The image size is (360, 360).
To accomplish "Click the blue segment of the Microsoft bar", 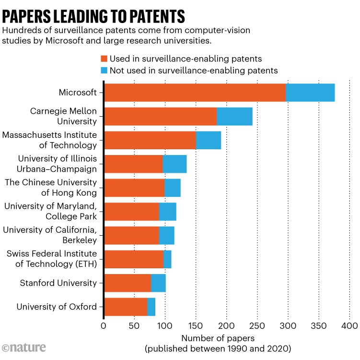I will pyautogui.click(x=310, y=92).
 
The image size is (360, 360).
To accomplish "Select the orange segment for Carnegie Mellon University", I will pyautogui.click(x=161, y=116).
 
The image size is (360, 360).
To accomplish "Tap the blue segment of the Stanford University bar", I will pyautogui.click(x=158, y=283).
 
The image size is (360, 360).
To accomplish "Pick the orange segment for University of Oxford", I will pyautogui.click(x=126, y=307).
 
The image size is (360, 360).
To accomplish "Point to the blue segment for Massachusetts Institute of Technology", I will pyautogui.click(x=209, y=140).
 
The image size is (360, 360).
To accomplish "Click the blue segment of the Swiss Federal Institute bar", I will pyautogui.click(x=167, y=259).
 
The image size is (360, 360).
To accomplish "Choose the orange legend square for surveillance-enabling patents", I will pyautogui.click(x=104, y=59).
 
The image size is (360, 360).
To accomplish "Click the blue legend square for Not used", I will pyautogui.click(x=104, y=70).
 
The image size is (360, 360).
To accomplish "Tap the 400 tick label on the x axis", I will pyautogui.click(x=349, y=326).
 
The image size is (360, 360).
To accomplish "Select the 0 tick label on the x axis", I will pyautogui.click(x=104, y=326).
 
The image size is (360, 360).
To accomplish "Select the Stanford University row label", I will pyautogui.click(x=58, y=283).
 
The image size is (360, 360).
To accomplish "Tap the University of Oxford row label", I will pyautogui.click(x=57, y=307).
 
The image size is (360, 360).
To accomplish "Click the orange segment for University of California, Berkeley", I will pyautogui.click(x=131, y=235).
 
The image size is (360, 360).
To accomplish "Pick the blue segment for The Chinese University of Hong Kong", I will pyautogui.click(x=173, y=188).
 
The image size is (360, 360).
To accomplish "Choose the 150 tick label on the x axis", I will pyautogui.click(x=196, y=326).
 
